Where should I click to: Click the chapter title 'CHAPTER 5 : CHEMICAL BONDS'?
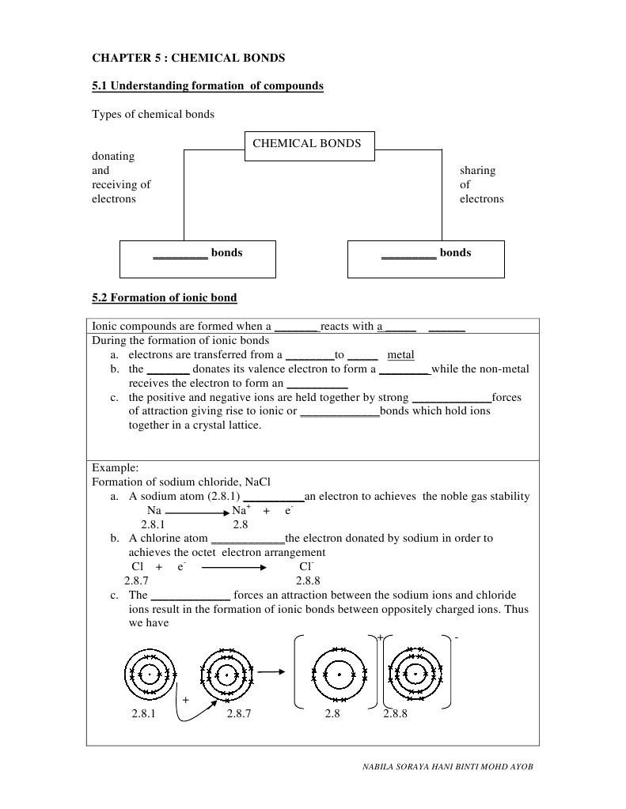(x=188, y=58)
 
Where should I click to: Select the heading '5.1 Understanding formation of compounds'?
(x=208, y=85)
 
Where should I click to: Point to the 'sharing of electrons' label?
(x=481, y=184)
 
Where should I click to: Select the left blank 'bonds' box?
(x=198, y=259)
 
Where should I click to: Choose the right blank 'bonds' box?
(x=426, y=259)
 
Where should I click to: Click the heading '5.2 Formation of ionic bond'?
(x=165, y=297)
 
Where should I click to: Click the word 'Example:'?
(x=116, y=467)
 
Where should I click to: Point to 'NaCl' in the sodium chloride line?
(x=258, y=482)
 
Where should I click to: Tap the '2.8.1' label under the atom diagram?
(x=144, y=713)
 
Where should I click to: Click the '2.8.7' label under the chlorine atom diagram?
(x=238, y=713)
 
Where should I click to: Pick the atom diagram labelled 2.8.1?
(x=149, y=675)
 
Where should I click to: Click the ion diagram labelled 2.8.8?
(x=415, y=675)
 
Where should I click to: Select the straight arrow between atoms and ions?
(x=271, y=673)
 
